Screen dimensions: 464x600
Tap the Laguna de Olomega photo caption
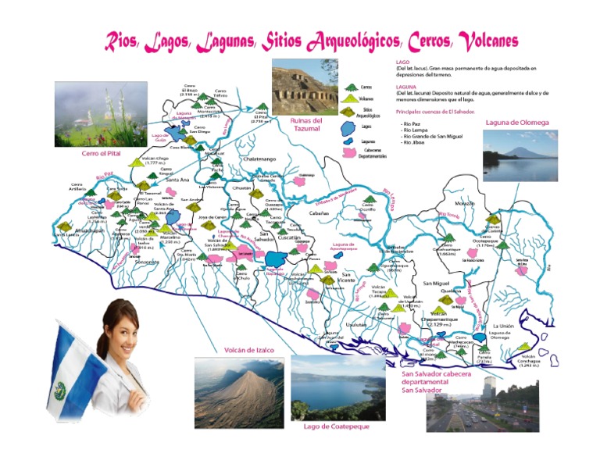pyautogui.click(x=516, y=123)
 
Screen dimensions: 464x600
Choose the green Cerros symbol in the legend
pyautogui.click(x=351, y=87)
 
